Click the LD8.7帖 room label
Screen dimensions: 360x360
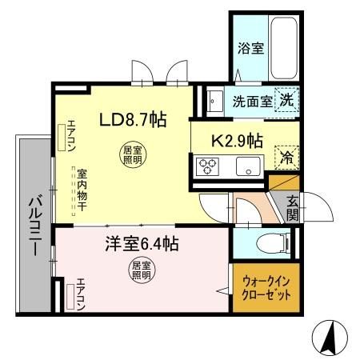pos(132,121)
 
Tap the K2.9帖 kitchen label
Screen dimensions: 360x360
pos(236,141)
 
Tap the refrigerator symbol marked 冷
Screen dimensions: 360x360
pos(285,157)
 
